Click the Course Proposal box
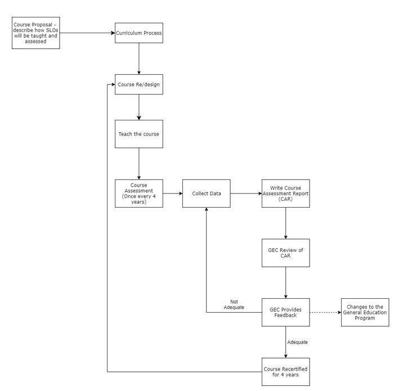tap(35, 33)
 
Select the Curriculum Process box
tap(138, 33)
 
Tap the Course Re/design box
tap(138, 84)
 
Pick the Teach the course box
tap(138, 134)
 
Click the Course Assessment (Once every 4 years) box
tap(138, 193)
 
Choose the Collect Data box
tap(206, 193)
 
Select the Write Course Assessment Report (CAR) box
tap(285, 193)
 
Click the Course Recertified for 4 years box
tap(285, 372)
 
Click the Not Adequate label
tap(234, 304)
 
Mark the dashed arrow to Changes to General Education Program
tap(325, 312)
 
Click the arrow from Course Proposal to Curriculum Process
tap(87, 33)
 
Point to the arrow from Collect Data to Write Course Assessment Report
tap(245, 193)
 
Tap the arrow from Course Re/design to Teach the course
tap(138, 107)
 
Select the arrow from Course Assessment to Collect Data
tap(172, 193)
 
